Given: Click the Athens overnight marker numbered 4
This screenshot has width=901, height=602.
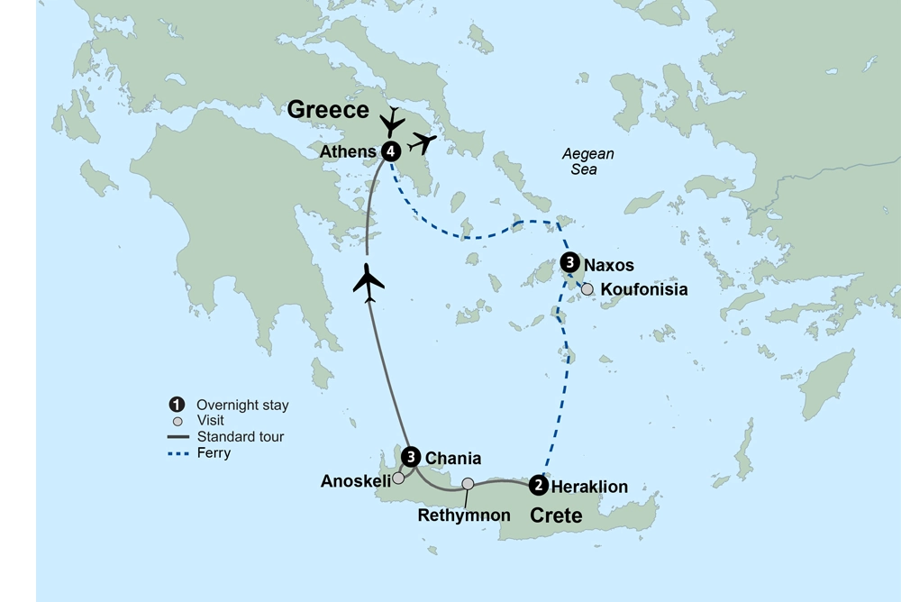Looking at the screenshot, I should pos(390,151).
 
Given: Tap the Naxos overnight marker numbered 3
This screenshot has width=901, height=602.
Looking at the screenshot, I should pos(569,263).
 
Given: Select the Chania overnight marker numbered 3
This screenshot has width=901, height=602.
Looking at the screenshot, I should pos(411,457).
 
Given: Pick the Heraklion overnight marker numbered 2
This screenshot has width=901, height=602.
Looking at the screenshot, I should pos(538,485).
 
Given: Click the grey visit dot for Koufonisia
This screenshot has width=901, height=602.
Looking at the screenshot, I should pos(587,289).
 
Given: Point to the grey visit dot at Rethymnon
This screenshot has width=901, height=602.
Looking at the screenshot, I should pos(468,484).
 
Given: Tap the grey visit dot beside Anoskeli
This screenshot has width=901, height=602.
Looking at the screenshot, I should pos(398,479).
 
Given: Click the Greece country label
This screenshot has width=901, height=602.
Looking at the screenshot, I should pos(328,110).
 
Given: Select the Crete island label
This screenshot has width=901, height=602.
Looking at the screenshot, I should pos(555,515).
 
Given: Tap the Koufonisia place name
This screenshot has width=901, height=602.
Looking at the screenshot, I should pos(643,290).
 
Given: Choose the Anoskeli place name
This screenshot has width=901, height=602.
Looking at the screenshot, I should pos(355,482).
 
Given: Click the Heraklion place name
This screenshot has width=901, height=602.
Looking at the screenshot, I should pos(589,487).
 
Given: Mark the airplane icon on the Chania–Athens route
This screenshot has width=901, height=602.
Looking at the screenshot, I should pos(369,282).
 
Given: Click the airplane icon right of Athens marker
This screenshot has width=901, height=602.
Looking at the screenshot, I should pos(422,141).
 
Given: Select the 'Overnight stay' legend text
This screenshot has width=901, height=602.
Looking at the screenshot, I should pos(242,406).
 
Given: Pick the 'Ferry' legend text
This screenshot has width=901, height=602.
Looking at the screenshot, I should pos(214,453).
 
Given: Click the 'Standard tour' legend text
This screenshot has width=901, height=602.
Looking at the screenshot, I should pos(240,437).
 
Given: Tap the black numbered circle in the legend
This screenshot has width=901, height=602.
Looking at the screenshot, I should pos(177,405).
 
